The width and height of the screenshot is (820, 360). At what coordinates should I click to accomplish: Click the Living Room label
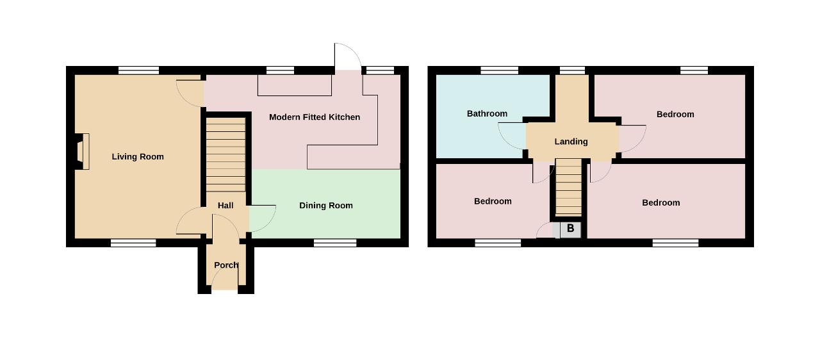(x=138, y=156)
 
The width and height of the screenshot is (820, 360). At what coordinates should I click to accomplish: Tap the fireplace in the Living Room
(x=83, y=151)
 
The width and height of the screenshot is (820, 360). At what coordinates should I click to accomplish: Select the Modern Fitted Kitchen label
(x=315, y=117)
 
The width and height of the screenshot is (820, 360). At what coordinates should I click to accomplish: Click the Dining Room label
(x=326, y=206)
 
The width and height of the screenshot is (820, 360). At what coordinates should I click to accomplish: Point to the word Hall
(x=225, y=206)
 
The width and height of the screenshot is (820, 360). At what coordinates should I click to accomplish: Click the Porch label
(x=226, y=265)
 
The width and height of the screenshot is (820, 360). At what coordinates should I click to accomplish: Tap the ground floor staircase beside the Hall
(x=226, y=154)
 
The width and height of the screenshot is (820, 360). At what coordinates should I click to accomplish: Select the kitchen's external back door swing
(x=348, y=57)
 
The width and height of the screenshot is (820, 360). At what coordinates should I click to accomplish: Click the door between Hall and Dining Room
(x=262, y=218)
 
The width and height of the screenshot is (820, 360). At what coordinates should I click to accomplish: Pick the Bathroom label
(x=487, y=114)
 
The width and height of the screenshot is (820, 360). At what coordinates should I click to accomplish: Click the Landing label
(x=571, y=142)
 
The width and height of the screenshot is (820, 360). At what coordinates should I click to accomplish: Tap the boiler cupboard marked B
(x=570, y=229)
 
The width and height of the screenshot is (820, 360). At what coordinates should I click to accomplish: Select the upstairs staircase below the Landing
(x=568, y=187)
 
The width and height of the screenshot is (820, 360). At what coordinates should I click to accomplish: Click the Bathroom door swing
(x=512, y=136)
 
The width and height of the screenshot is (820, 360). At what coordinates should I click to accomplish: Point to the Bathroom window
(x=499, y=70)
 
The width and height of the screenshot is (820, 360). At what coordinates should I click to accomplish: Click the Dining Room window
(x=335, y=243)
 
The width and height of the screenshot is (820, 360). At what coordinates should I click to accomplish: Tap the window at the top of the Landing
(x=572, y=70)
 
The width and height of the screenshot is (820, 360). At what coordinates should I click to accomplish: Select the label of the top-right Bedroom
(x=675, y=115)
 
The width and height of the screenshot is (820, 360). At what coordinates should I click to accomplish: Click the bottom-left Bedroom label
(x=493, y=201)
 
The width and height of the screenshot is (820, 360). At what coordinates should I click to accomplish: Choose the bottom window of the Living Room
(x=133, y=243)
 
